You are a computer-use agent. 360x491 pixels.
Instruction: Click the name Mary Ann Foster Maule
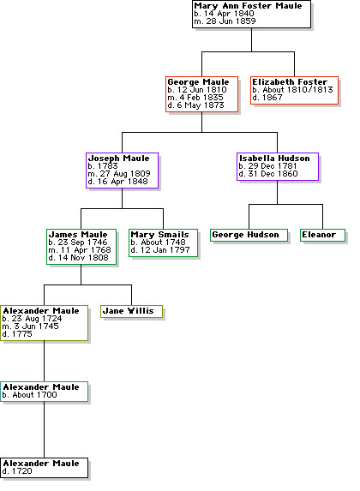pos(248,6)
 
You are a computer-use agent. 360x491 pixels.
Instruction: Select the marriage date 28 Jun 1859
pos(231,21)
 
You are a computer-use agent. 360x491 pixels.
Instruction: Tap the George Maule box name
pos(198,82)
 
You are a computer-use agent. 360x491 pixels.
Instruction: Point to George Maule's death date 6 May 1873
pos(201,105)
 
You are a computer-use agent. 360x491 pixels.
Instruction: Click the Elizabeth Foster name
pos(290,82)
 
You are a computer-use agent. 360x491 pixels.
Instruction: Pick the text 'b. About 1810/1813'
pos(292,90)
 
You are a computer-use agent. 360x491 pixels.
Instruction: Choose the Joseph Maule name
pos(119,159)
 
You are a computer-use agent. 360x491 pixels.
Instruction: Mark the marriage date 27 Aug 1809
pos(125,173)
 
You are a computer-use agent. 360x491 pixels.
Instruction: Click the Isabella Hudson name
pos(274,159)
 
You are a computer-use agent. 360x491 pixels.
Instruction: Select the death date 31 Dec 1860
pos(273,173)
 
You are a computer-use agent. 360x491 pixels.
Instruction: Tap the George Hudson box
pos(249,235)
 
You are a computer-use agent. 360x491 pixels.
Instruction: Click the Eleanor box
pos(322,235)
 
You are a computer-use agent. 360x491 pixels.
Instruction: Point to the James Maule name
pos(78,235)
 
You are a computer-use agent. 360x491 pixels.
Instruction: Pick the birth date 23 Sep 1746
pos(83,242)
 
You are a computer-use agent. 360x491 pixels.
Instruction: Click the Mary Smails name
pos(159,235)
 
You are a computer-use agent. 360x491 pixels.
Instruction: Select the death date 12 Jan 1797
pos(165,250)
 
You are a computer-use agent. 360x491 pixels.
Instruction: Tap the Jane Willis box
pos(132,312)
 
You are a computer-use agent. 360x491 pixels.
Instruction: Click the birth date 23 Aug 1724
pos(37,319)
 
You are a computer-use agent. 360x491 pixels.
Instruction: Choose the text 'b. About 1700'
pos(29,395)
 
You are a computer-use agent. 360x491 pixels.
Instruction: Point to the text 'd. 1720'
pos(17,471)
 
